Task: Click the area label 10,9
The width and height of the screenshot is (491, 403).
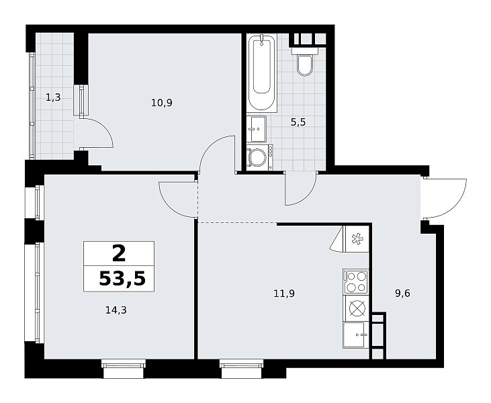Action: [162, 103]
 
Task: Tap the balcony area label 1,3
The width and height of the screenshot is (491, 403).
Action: [53, 97]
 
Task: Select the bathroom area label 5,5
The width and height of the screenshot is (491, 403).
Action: [298, 122]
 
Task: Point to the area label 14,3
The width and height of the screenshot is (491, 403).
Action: [116, 310]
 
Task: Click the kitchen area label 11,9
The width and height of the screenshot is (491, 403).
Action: [284, 294]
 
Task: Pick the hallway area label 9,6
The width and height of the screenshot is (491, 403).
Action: [403, 294]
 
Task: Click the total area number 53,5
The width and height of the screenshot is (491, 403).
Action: [122, 279]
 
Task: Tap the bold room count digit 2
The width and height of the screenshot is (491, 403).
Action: [119, 253]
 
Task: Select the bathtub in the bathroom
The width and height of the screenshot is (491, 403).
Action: [262, 73]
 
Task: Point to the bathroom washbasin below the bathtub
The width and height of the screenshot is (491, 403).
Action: [257, 129]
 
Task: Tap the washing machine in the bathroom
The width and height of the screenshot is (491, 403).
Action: [259, 157]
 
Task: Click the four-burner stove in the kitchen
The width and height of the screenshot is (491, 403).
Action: [356, 281]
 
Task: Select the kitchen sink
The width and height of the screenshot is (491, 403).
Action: [355, 335]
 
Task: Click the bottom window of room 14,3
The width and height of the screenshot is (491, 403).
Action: [124, 369]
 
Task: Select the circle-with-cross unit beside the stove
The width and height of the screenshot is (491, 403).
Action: [356, 308]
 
